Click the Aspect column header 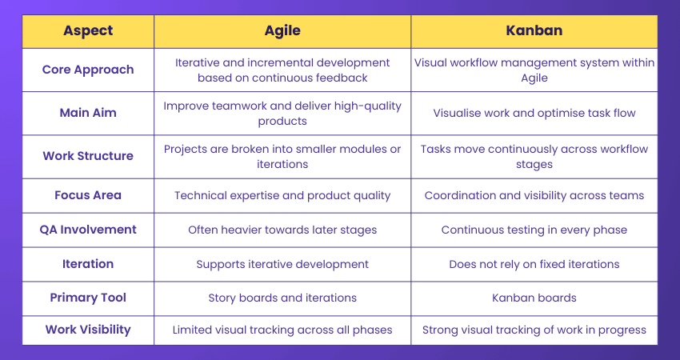tap(88, 31)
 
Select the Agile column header tap(282, 31)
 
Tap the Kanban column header tap(534, 31)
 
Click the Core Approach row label tap(88, 70)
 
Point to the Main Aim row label tap(88, 113)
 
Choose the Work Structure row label tap(88, 156)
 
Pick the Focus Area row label tap(88, 195)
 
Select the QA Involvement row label tap(88, 230)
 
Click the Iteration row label tap(88, 264)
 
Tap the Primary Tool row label tap(88, 298)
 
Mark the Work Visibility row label tap(88, 330)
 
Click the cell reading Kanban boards tap(534, 298)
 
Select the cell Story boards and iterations tap(282, 298)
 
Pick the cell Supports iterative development tap(282, 264)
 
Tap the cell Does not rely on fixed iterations tap(534, 264)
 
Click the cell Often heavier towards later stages tap(282, 230)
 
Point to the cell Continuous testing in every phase tap(534, 230)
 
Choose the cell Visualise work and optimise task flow tap(534, 113)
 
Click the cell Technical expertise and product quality tap(282, 195)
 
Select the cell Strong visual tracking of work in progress tap(534, 330)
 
